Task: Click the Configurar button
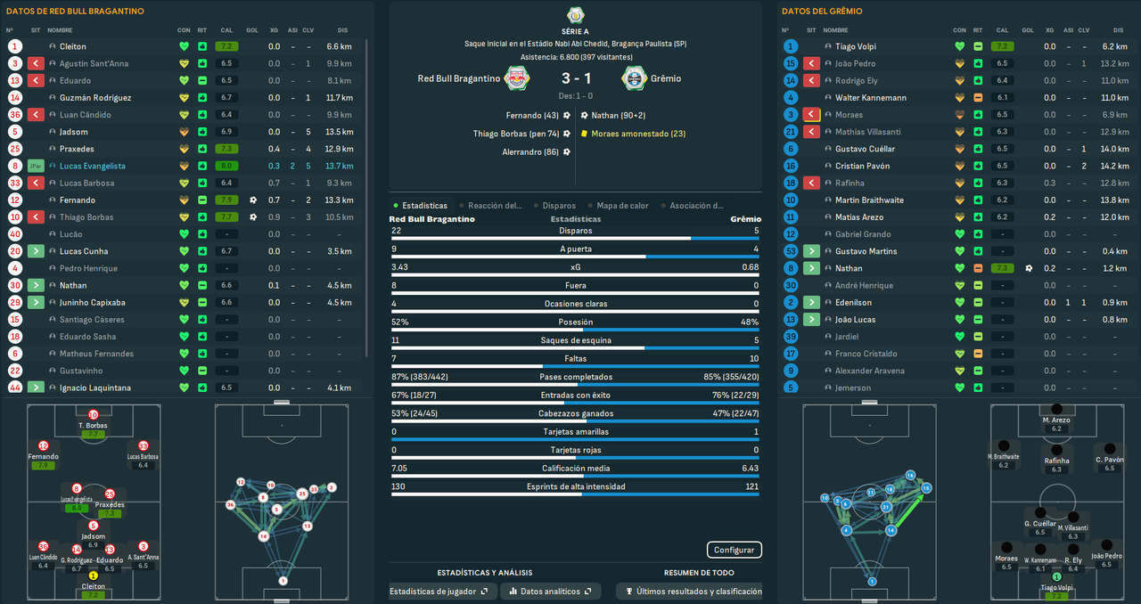pyautogui.click(x=735, y=550)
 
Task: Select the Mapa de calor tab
pyautogui.click(x=622, y=206)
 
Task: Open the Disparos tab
pyautogui.click(x=559, y=206)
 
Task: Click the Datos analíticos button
pyautogui.click(x=550, y=592)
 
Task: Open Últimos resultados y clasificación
pyautogui.click(x=693, y=592)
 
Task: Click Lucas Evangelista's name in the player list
pyautogui.click(x=92, y=167)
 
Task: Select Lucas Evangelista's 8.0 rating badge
pyautogui.click(x=226, y=167)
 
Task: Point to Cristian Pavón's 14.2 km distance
pyautogui.click(x=1114, y=167)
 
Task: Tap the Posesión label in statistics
pyautogui.click(x=576, y=322)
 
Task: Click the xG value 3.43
pyautogui.click(x=399, y=267)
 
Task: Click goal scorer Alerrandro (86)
pyautogui.click(x=529, y=152)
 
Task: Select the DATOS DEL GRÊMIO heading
pyautogui.click(x=822, y=12)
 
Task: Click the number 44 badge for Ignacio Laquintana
pyautogui.click(x=15, y=388)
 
